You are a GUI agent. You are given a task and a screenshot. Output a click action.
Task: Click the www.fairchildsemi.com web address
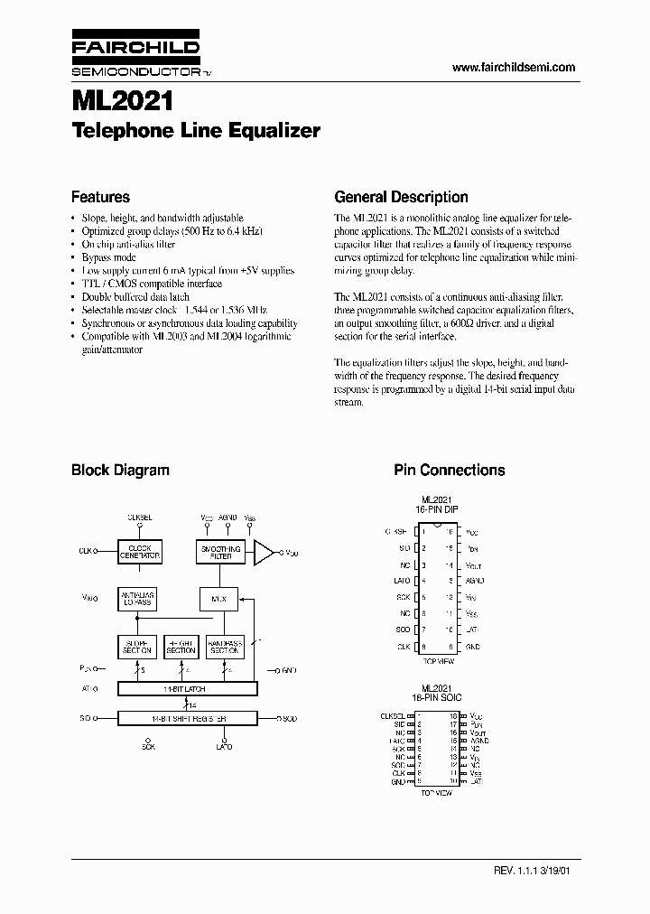click(x=513, y=68)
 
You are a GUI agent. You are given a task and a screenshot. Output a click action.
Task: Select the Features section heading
click(x=100, y=197)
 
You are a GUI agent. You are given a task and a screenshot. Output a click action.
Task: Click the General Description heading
click(x=401, y=197)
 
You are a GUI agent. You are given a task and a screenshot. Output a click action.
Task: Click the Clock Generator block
click(x=140, y=552)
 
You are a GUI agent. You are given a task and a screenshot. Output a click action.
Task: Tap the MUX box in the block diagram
click(x=218, y=599)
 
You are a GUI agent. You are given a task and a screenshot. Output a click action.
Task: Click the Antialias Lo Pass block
click(x=137, y=599)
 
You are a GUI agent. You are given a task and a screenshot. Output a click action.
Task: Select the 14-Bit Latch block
click(x=187, y=689)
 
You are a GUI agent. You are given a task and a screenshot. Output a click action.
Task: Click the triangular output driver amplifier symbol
click(x=264, y=552)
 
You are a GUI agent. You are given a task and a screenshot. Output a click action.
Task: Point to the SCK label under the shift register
click(x=147, y=747)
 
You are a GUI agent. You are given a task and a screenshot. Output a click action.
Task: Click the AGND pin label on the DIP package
click(x=475, y=581)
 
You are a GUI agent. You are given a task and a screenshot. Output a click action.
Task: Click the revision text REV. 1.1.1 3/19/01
click(x=534, y=872)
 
